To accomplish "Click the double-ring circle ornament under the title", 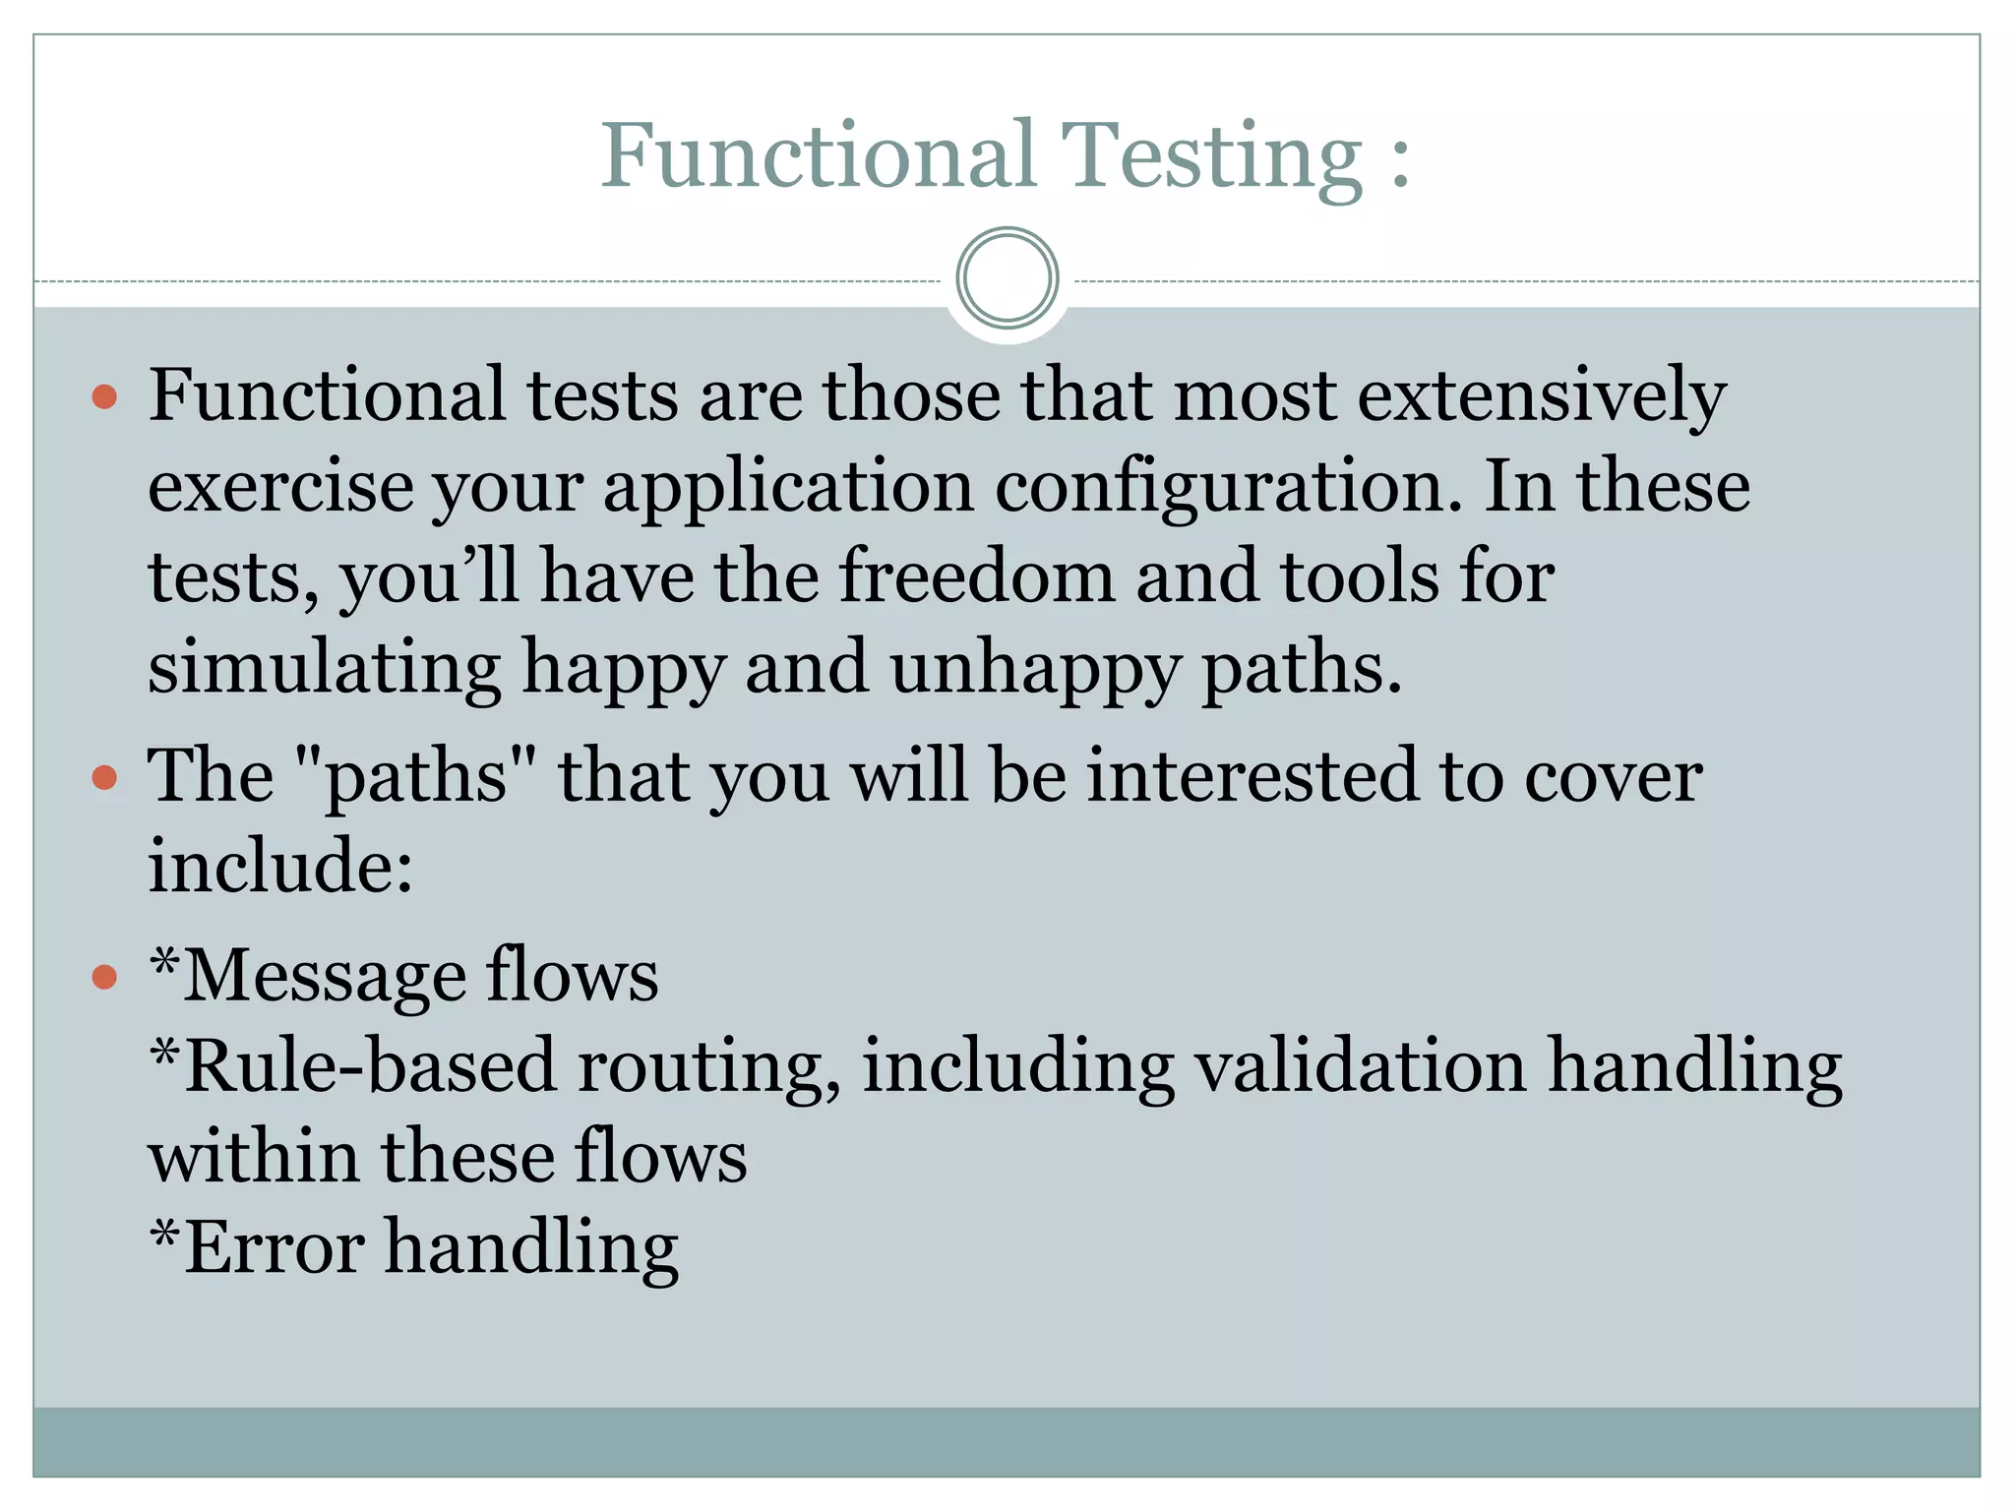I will pyautogui.click(x=1007, y=278).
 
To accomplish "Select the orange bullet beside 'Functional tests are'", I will pyautogui.click(x=104, y=397).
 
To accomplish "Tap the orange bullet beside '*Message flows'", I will pyautogui.click(x=104, y=977).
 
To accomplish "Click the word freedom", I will pyautogui.click(x=977, y=576).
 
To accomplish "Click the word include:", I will pyautogui.click(x=280, y=867).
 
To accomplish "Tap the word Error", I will pyautogui.click(x=274, y=1247).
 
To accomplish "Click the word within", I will pyautogui.click(x=253, y=1157).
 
